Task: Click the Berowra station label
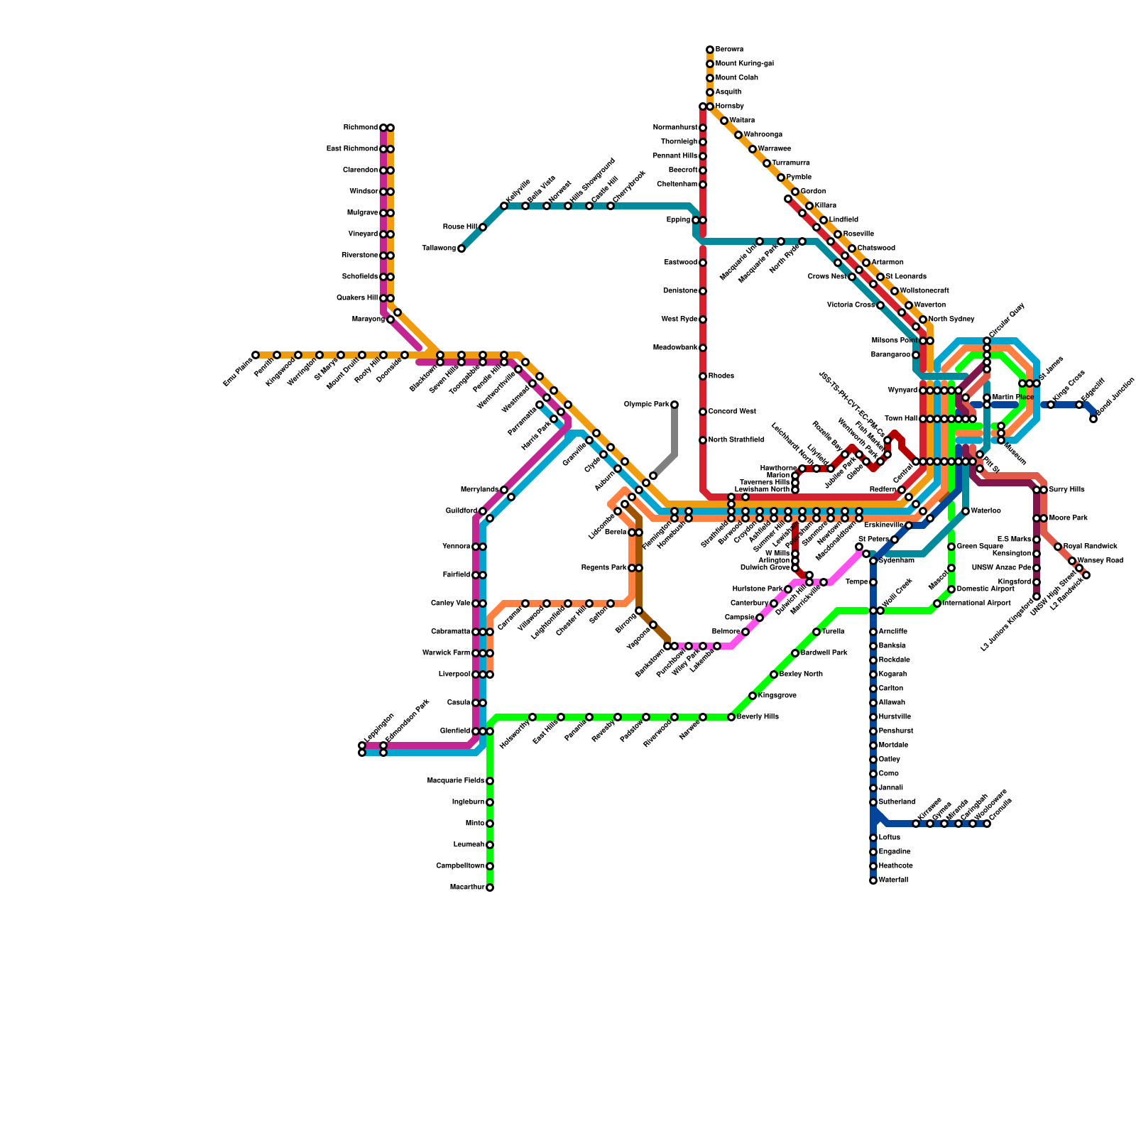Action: click(x=729, y=50)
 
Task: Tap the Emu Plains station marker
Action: click(x=256, y=355)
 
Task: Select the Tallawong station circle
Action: click(x=461, y=248)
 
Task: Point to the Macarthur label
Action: click(x=467, y=887)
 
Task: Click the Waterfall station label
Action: click(x=893, y=880)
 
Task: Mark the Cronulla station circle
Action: click(x=987, y=824)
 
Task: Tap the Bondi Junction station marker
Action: click(x=1093, y=419)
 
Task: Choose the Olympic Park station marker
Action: click(x=674, y=405)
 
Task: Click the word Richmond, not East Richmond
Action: click(x=360, y=128)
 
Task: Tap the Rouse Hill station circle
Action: click(x=483, y=227)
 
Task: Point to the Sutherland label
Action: click(x=897, y=802)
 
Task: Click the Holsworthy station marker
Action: click(x=532, y=717)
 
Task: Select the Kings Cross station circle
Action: click(x=1051, y=405)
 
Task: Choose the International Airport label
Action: click(x=976, y=603)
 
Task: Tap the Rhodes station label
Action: click(x=721, y=376)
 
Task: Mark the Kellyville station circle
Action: click(x=504, y=206)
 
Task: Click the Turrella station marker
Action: click(x=816, y=632)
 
